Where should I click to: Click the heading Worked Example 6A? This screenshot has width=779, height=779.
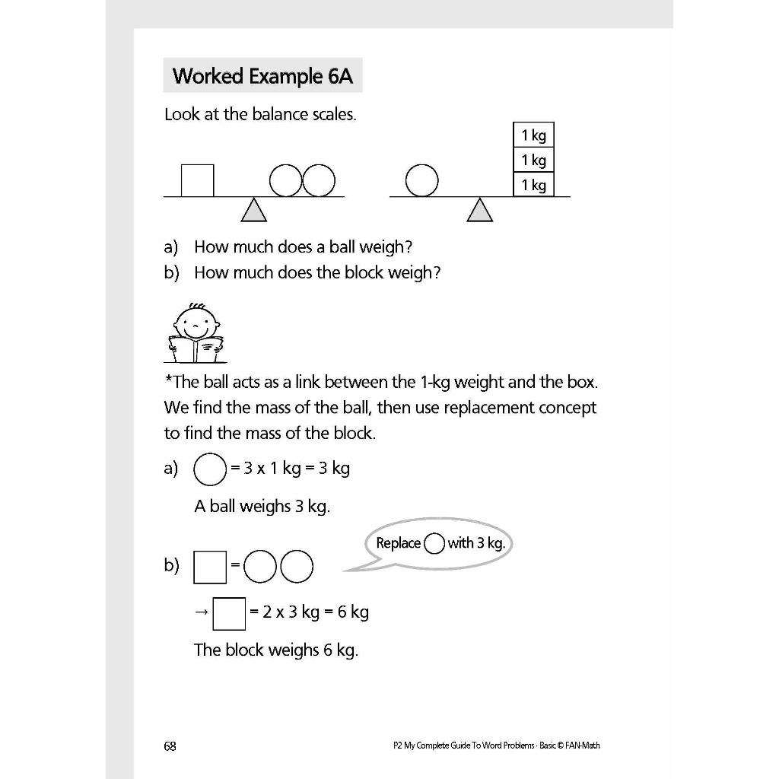point(262,76)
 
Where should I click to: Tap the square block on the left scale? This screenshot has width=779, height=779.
point(197,180)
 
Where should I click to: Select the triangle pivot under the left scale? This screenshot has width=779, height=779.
point(254,210)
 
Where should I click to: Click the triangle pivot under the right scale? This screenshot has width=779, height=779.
point(479,210)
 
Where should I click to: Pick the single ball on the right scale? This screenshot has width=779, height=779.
point(421,180)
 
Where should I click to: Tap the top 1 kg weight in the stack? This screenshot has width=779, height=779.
point(533,135)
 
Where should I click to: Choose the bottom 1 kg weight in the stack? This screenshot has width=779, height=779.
point(533,185)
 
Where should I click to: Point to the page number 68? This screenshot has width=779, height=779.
point(170,746)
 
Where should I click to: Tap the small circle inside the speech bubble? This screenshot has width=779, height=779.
point(434,543)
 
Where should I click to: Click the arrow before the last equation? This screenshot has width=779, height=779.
point(200,612)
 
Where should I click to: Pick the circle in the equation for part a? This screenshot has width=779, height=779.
point(210,469)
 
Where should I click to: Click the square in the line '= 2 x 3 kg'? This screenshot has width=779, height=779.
point(229,613)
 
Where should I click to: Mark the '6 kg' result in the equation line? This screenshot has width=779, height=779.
point(353,612)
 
